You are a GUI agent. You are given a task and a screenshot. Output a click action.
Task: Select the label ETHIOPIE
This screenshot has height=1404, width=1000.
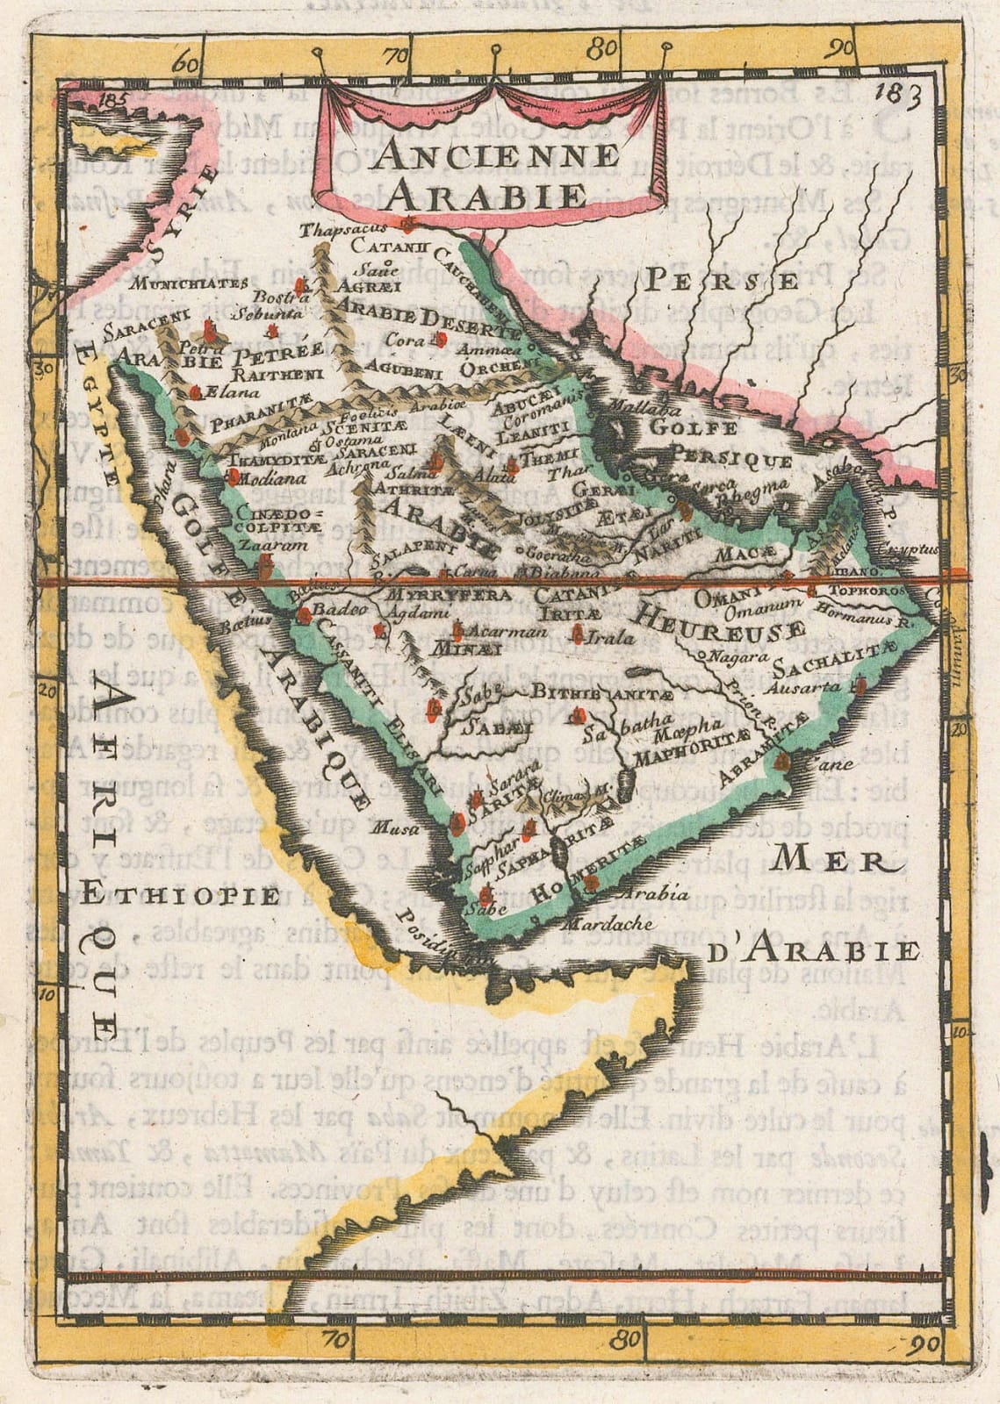(x=195, y=896)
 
